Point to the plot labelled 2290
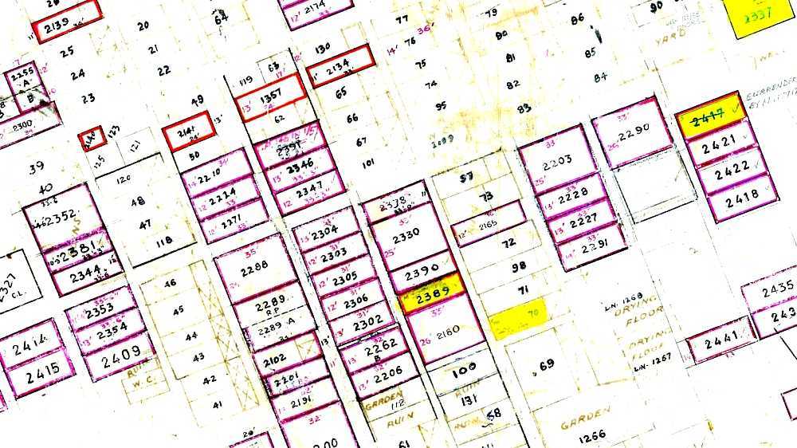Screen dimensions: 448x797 (635, 128)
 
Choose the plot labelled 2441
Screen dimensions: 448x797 (720, 341)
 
